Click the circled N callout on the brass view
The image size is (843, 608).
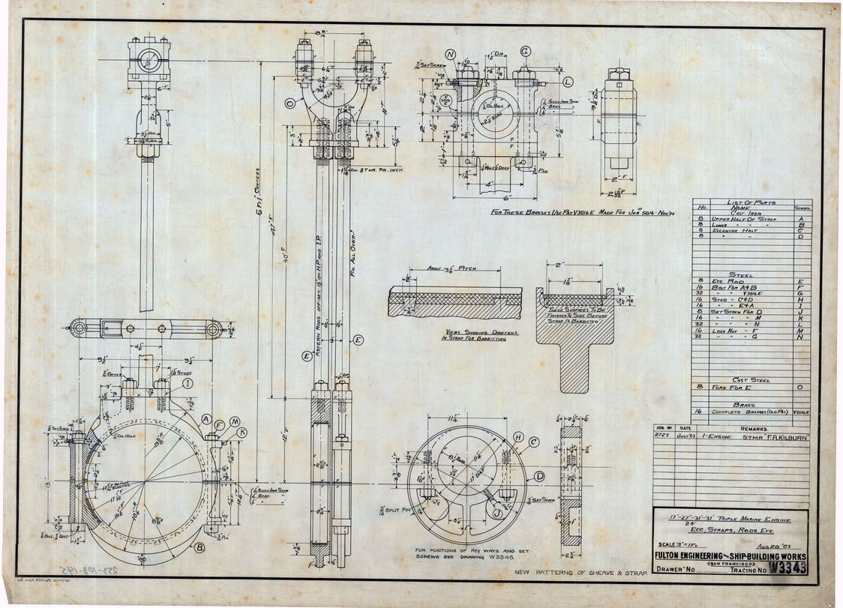[451, 55]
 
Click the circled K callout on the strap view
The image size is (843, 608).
[241, 433]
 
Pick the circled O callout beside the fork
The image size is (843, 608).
[290, 103]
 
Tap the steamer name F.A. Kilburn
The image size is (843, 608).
[781, 436]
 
